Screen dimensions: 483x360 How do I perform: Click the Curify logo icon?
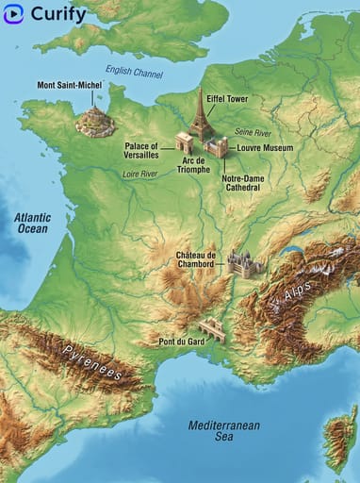click(13, 14)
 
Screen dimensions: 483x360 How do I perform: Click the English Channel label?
click(134, 73)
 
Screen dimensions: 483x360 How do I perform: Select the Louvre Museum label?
click(265, 148)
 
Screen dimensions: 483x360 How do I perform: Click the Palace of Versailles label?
click(141, 151)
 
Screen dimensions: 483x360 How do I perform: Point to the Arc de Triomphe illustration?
click(185, 142)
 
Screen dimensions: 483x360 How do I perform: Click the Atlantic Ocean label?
click(32, 223)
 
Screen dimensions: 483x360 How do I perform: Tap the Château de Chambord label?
click(197, 259)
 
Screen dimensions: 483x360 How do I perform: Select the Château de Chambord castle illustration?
click(243, 265)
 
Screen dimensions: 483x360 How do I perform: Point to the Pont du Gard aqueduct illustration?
click(213, 329)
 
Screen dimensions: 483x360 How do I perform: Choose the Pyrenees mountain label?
click(92, 362)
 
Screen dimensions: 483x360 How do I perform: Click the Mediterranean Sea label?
click(222, 431)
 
